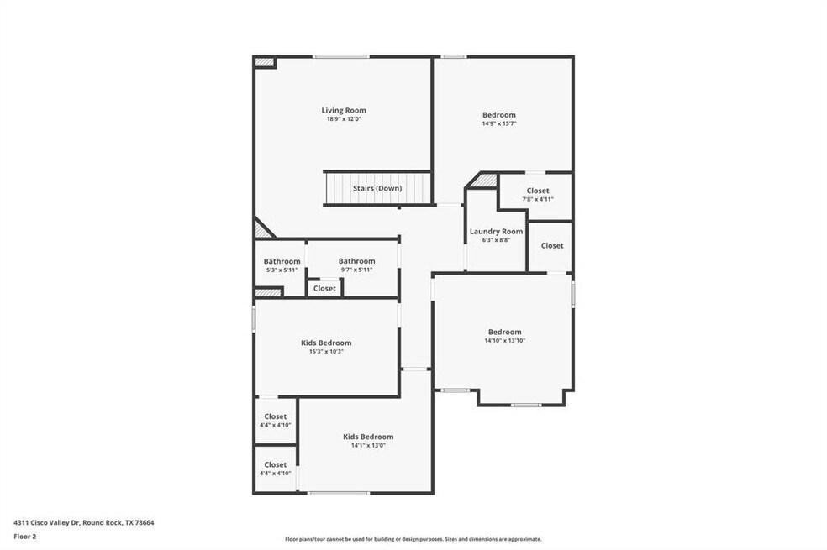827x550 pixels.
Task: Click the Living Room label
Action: [x=344, y=110]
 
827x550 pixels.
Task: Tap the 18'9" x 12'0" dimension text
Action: [x=344, y=119]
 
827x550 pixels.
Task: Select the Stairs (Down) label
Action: [x=377, y=188]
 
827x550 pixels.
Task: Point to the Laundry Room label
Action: [x=497, y=231]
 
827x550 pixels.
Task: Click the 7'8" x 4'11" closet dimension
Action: [x=538, y=199]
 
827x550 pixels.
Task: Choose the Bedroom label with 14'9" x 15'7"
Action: [x=499, y=115]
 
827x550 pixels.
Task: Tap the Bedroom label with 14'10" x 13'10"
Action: [x=505, y=332]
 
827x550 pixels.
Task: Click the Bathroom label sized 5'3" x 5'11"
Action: [x=282, y=261]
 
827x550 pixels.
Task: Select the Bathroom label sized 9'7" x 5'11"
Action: [x=357, y=261]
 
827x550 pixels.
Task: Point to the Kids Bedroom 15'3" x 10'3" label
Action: [x=326, y=343]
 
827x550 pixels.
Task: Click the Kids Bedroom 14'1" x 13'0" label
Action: [x=368, y=437]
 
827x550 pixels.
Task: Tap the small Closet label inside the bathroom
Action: [x=324, y=289]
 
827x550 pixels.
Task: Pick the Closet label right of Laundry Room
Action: [x=552, y=245]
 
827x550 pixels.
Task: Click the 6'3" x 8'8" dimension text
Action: [x=497, y=239]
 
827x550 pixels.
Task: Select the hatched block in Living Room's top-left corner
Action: [x=265, y=62]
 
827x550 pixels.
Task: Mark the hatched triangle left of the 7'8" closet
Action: [x=487, y=181]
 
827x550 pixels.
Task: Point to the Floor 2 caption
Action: [x=24, y=537]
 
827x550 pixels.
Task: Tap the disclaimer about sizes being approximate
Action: [x=413, y=539]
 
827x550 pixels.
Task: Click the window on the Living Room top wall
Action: [x=340, y=56]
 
